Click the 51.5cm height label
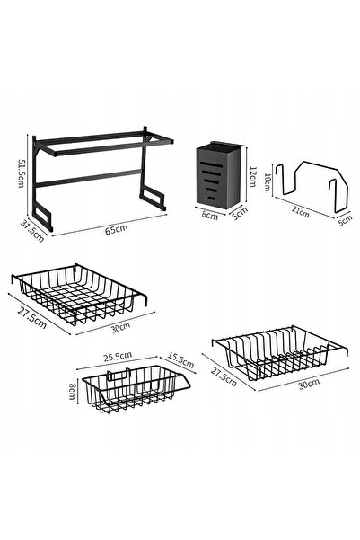coord(21,173)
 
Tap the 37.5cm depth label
coord(32,231)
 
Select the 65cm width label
coord(117,229)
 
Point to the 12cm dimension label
coord(252,176)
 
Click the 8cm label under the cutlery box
coord(209,216)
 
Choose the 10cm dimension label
coord(267,181)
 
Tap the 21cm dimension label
coord(301,212)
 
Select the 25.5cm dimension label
coord(118,356)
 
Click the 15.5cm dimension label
coord(180,360)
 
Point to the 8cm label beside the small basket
coord(72,392)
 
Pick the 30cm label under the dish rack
coord(309,384)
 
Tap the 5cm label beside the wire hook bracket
coord(345,220)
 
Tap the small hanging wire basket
coord(136,389)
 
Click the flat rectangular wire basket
coord(79,294)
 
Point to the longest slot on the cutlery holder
coord(213,164)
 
